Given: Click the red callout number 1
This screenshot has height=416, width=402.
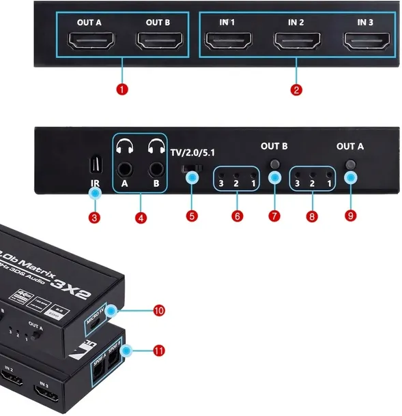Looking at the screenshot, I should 123,88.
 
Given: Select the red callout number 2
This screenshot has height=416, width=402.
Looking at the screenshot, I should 296,88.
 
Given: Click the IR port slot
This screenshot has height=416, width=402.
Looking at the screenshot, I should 94,165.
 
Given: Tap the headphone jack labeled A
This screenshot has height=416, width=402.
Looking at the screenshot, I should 125,168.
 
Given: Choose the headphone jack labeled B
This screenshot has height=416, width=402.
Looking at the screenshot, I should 156,168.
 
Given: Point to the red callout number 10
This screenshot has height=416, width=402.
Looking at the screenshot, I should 159,310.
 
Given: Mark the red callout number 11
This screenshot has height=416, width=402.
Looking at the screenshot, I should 159,351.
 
